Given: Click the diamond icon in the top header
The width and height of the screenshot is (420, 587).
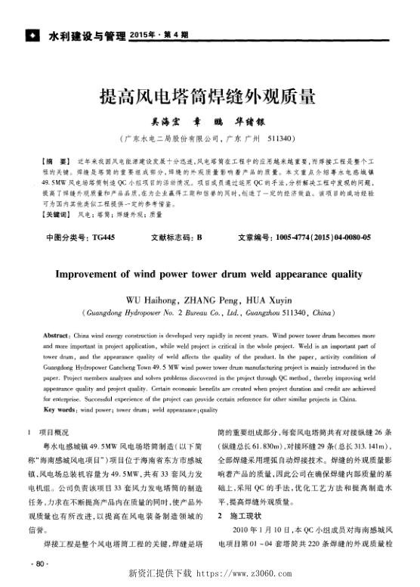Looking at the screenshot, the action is tap(31, 35).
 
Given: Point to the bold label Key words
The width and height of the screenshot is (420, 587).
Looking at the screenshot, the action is tap(60, 409).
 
